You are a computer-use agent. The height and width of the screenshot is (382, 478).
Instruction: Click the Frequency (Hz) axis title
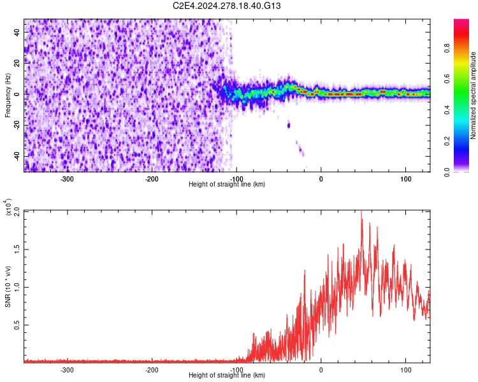(8, 95)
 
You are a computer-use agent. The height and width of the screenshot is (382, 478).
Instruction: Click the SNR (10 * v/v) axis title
(8, 286)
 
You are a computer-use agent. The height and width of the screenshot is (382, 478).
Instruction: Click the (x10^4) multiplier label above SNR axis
(8, 208)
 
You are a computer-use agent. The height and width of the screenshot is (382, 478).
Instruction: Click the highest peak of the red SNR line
(361, 211)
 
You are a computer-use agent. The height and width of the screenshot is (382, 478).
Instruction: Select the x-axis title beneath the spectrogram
(227, 184)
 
